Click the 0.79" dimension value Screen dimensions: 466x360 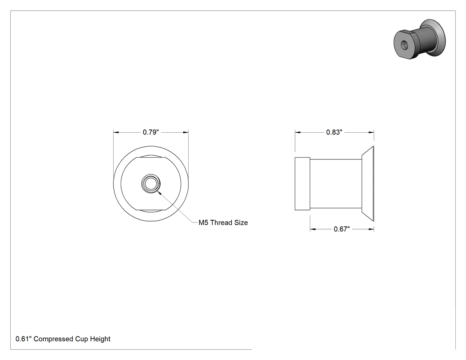(151, 132)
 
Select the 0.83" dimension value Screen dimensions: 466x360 (334, 132)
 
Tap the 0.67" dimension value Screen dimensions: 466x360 (341, 229)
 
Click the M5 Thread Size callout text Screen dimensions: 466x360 (223, 223)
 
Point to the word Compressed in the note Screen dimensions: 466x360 (53, 339)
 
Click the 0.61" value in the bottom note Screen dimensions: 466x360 (24, 339)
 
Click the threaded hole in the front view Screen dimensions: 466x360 (151, 184)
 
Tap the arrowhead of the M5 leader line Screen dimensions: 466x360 (158, 192)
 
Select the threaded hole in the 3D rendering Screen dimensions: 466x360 (405, 44)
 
